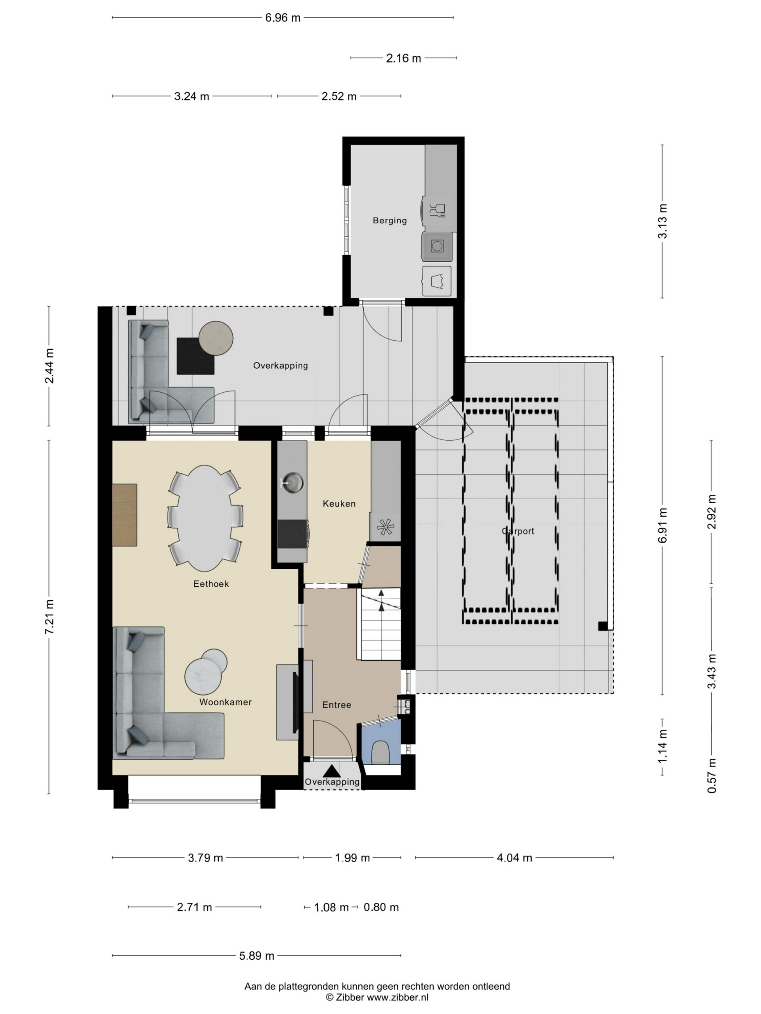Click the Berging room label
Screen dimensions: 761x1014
coord(390,221)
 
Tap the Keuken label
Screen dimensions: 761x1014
coord(339,503)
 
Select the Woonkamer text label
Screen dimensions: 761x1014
coord(225,702)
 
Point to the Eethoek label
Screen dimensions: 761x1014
coord(211,583)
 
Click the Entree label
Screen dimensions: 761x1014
coord(337,705)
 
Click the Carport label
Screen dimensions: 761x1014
coord(518,531)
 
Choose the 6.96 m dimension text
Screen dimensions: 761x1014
coord(283,18)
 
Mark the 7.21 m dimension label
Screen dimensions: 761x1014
coord(49,617)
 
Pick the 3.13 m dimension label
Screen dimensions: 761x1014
coord(663,221)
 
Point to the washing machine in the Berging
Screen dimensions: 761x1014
coord(437,246)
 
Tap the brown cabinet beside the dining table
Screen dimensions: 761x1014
coord(125,515)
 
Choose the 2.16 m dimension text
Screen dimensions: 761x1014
coord(403,58)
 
